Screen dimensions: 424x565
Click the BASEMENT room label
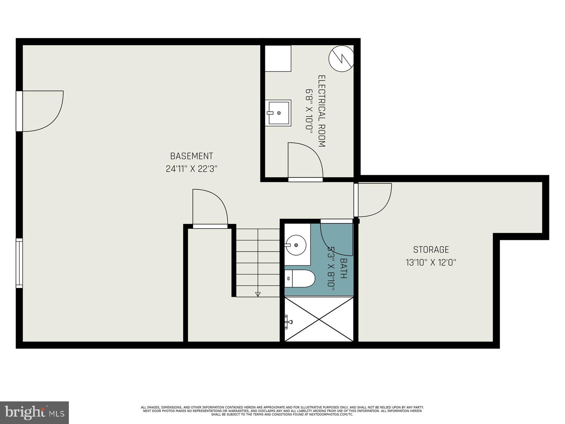[x=191, y=156]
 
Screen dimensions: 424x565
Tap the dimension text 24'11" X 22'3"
[x=191, y=169]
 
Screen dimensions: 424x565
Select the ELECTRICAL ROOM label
[x=321, y=111]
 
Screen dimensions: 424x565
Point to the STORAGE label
[x=431, y=249]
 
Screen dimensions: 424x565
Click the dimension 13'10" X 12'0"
[x=431, y=263]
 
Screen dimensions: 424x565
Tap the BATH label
[x=343, y=269]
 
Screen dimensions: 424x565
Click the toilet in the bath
[x=299, y=278]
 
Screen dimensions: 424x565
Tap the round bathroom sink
[x=296, y=245]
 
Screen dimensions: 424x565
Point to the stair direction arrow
[x=257, y=294]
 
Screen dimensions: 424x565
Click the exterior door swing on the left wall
[x=42, y=111]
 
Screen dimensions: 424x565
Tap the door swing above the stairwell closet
[x=209, y=207]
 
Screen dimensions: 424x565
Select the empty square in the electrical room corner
[x=278, y=58]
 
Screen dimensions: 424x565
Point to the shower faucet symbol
[x=288, y=322]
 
